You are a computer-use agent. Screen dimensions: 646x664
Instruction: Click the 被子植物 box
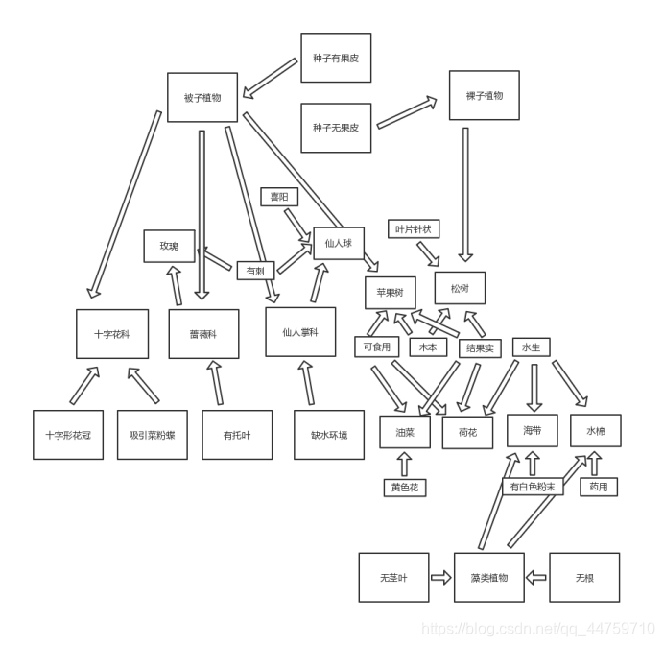pyautogui.click(x=202, y=98)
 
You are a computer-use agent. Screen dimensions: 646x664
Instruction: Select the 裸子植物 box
pyautogui.click(x=484, y=96)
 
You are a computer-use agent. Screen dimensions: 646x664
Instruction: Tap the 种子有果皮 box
pyautogui.click(x=335, y=59)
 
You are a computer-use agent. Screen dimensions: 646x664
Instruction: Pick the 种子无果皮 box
pyautogui.click(x=335, y=128)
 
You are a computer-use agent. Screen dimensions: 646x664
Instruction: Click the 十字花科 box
pyautogui.click(x=112, y=334)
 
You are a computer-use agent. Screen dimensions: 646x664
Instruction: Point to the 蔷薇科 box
pyautogui.click(x=203, y=334)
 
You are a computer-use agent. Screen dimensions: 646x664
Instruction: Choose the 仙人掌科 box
pyautogui.click(x=300, y=332)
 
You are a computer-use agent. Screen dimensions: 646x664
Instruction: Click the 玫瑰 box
pyautogui.click(x=169, y=246)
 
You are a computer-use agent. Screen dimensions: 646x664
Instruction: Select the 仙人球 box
pyautogui.click(x=338, y=243)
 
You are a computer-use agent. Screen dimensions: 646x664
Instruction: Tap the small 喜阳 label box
pyautogui.click(x=279, y=197)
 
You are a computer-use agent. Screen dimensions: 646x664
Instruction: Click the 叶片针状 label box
pyautogui.click(x=414, y=228)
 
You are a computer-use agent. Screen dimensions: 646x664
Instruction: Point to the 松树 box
pyautogui.click(x=460, y=288)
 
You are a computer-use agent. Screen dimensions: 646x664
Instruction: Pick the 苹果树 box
pyautogui.click(x=390, y=292)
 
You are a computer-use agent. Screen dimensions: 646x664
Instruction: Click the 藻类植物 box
pyautogui.click(x=489, y=578)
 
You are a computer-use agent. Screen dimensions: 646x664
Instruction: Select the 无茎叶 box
pyautogui.click(x=393, y=578)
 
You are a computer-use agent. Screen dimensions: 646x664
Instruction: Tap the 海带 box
pyautogui.click(x=533, y=431)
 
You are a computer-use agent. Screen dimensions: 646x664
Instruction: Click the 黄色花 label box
pyautogui.click(x=403, y=488)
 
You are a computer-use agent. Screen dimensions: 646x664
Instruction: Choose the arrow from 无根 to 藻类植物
pyautogui.click(x=536, y=578)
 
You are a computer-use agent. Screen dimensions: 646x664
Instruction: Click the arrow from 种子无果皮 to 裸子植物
pyautogui.click(x=414, y=112)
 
